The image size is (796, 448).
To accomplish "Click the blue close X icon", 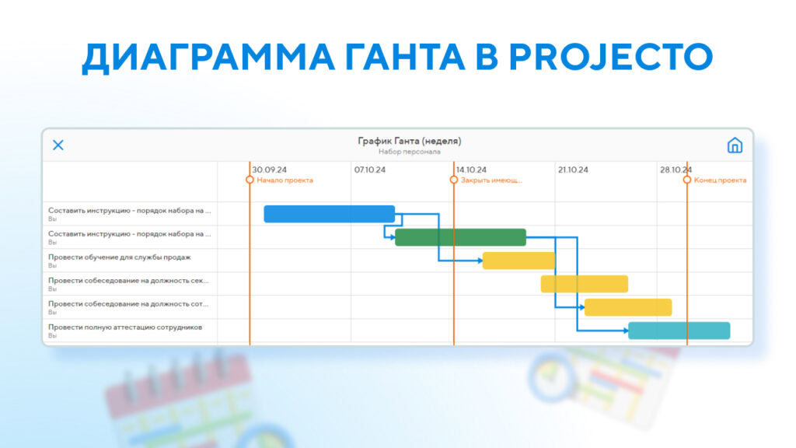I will (x=58, y=145).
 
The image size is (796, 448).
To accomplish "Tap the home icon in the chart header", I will (x=735, y=145).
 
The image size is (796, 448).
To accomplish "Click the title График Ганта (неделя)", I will (x=409, y=141).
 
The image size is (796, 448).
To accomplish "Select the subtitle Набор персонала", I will (x=409, y=152).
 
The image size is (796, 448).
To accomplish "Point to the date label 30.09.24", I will (x=269, y=170).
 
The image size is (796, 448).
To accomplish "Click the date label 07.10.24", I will (x=370, y=170).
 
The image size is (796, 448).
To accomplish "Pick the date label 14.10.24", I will (x=471, y=170).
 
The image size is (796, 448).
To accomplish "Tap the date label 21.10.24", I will (x=573, y=170).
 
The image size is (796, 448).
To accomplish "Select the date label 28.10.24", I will (x=676, y=170).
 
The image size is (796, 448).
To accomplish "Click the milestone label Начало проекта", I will (x=285, y=180).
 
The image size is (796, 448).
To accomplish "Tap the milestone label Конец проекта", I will (x=720, y=180).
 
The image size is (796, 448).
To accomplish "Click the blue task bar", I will (x=329, y=214).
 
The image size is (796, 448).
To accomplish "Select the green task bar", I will (x=460, y=237).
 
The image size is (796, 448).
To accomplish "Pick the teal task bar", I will (x=679, y=331).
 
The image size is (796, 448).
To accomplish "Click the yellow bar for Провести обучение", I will (x=518, y=261).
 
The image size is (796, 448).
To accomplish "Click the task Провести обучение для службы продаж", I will (x=119, y=257).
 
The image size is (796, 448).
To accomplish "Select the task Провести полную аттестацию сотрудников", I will (x=125, y=327).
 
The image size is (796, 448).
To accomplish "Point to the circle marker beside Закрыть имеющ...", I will (x=454, y=180).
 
